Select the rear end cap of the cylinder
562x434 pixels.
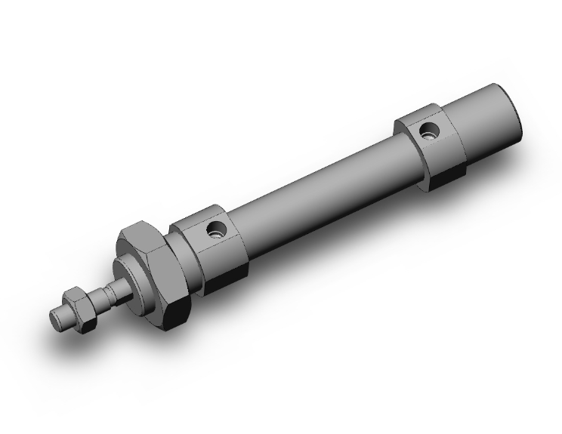[491, 121]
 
